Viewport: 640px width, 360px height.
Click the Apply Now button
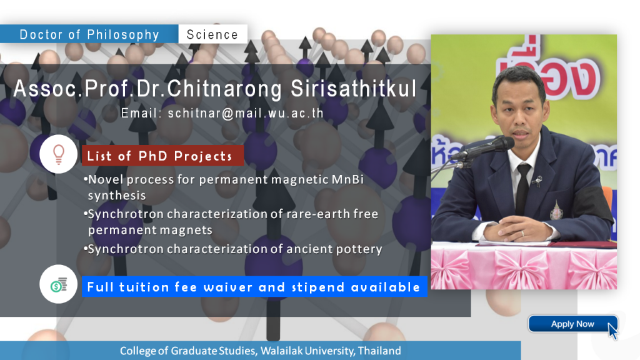(x=572, y=324)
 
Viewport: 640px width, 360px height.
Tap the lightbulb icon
(x=59, y=154)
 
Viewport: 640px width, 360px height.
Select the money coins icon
(x=59, y=284)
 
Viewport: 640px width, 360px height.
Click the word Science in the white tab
(x=212, y=35)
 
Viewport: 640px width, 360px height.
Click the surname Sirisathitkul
(x=354, y=89)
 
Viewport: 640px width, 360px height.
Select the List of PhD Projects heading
(x=159, y=156)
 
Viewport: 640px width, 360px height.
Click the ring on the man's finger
(x=522, y=234)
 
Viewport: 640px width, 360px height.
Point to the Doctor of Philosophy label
(x=89, y=35)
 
